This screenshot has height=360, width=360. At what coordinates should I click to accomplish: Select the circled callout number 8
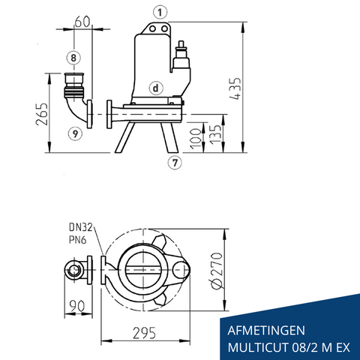click(73, 57)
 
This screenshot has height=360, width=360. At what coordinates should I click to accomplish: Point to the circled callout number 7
click(173, 161)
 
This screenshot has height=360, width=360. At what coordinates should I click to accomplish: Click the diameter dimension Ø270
click(218, 271)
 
